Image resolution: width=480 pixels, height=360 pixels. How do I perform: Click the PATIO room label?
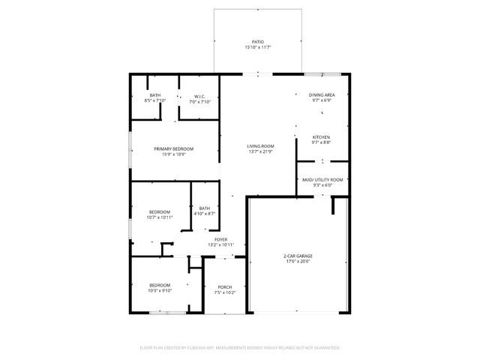pyautogui.click(x=257, y=42)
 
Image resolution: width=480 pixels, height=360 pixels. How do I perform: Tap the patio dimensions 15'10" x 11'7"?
pyautogui.click(x=257, y=47)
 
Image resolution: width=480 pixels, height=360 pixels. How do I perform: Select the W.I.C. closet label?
pyautogui.click(x=200, y=96)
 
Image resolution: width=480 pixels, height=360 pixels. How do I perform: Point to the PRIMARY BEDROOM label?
pyautogui.click(x=173, y=149)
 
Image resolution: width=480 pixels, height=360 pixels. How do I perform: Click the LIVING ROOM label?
pyautogui.click(x=261, y=146)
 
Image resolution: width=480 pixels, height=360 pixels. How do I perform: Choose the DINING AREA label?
pyautogui.click(x=321, y=95)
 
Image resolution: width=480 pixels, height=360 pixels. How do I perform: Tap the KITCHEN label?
pyautogui.click(x=321, y=137)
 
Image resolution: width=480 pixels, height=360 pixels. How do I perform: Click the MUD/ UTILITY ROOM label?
pyautogui.click(x=322, y=180)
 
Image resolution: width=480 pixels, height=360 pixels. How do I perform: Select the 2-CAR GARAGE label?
pyautogui.click(x=298, y=256)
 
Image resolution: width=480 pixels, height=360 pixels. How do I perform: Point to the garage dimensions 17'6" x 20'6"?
pyautogui.click(x=298, y=262)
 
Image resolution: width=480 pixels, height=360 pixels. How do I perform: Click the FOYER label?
pyautogui.click(x=220, y=240)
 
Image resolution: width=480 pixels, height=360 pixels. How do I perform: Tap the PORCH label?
pyautogui.click(x=224, y=287)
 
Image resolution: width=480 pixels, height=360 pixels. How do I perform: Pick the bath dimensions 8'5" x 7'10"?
pyautogui.click(x=155, y=101)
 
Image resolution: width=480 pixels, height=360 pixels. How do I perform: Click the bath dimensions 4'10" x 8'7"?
pyautogui.click(x=205, y=214)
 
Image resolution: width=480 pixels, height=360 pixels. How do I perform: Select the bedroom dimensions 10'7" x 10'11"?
pyautogui.click(x=160, y=217)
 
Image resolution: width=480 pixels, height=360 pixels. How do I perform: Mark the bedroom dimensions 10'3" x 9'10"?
pyautogui.click(x=160, y=291)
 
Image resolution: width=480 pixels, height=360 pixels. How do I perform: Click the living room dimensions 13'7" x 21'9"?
pyautogui.click(x=261, y=151)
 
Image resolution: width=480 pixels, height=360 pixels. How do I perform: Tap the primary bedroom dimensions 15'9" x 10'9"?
pyautogui.click(x=173, y=154)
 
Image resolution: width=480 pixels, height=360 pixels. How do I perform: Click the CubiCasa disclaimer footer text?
pyautogui.click(x=240, y=348)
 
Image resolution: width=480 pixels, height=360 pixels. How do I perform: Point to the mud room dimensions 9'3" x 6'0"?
pyautogui.click(x=322, y=185)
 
